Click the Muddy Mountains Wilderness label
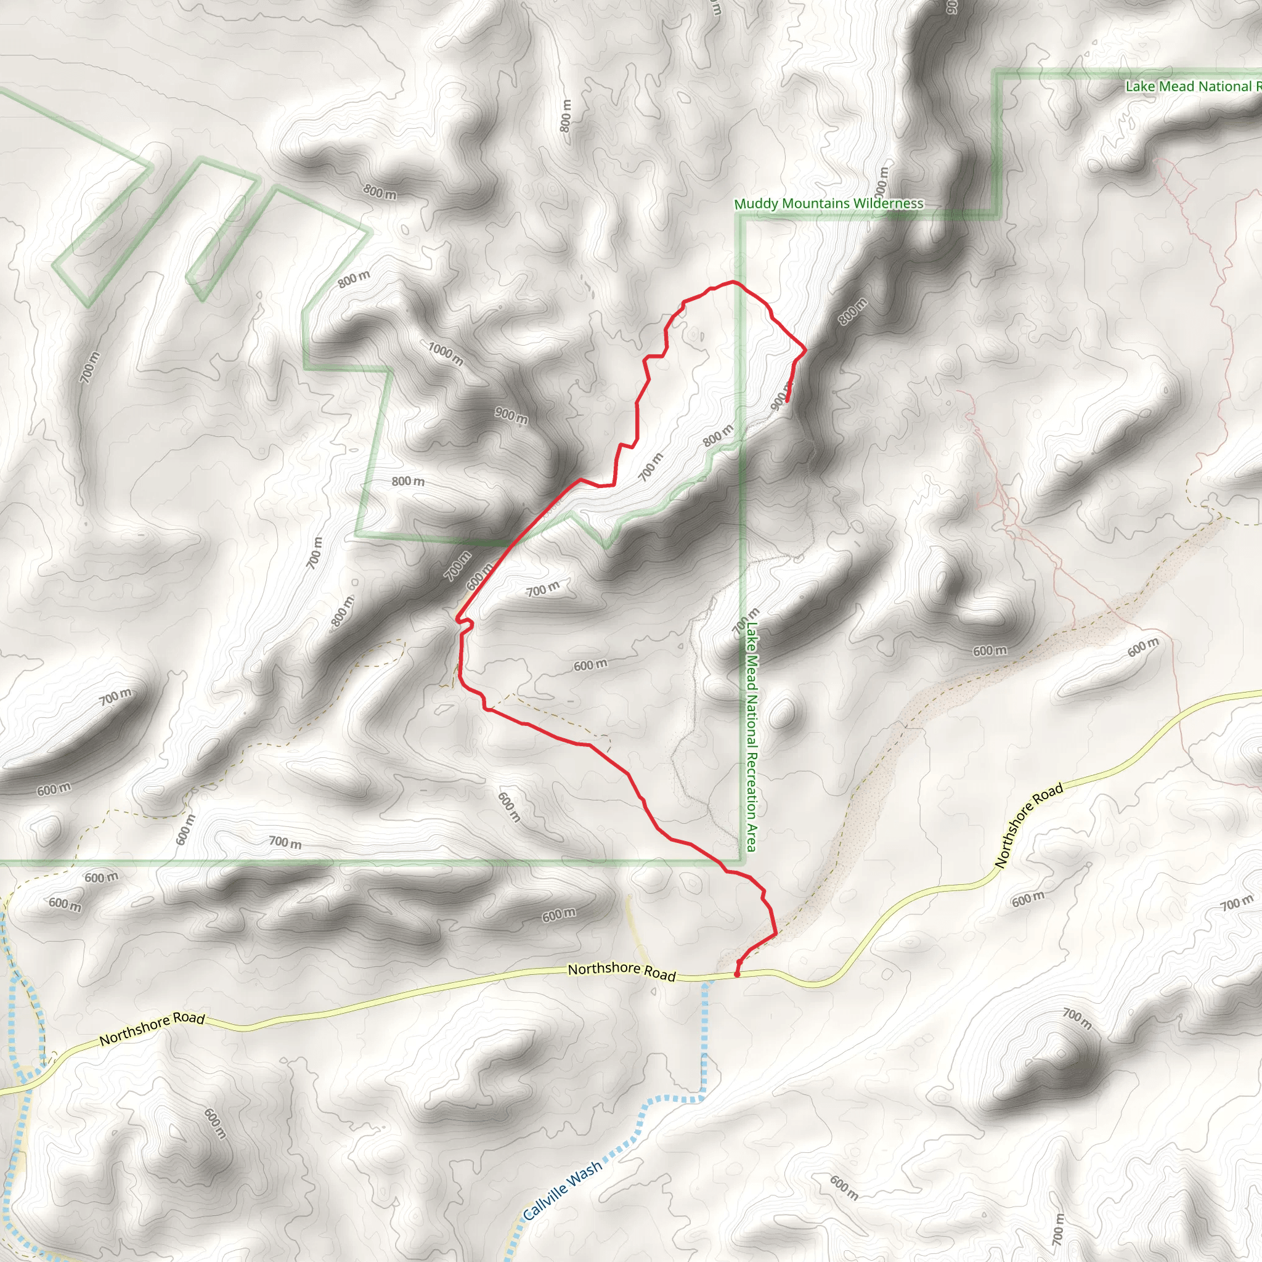click(x=828, y=204)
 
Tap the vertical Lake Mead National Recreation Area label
click(x=752, y=736)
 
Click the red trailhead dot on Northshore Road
click(x=737, y=974)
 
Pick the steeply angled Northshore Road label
click(x=1029, y=826)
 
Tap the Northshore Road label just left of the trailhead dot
click(x=621, y=971)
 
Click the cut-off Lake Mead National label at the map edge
click(x=1192, y=86)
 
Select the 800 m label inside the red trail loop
click(x=718, y=435)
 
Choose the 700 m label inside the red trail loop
click(x=651, y=466)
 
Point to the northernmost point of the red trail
click(x=733, y=282)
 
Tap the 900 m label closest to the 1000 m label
click(x=511, y=415)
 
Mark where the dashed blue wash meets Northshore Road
click(x=706, y=979)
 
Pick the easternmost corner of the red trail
click(x=805, y=350)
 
